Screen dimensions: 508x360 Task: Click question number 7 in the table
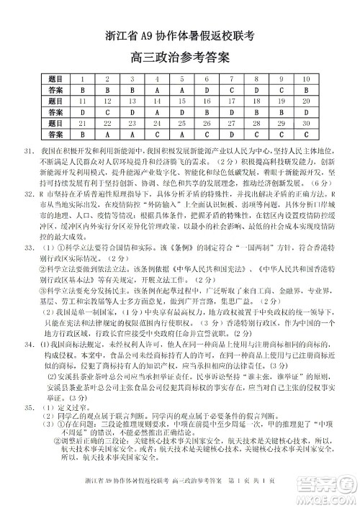point(231,78)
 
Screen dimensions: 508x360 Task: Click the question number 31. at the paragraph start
point(30,153)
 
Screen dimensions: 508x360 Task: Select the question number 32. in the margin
point(30,194)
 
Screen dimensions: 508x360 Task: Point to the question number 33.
point(30,247)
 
